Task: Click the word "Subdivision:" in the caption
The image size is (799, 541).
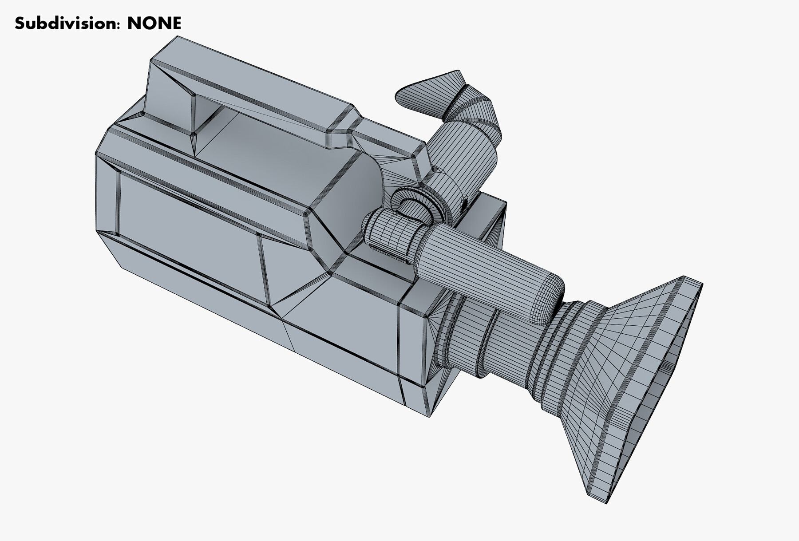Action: click(x=67, y=23)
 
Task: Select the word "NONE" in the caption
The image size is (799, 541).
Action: click(x=154, y=23)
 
